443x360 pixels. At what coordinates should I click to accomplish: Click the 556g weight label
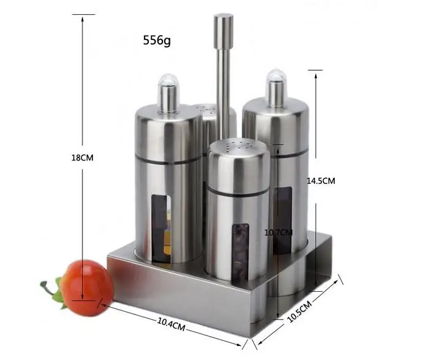pyautogui.click(x=157, y=40)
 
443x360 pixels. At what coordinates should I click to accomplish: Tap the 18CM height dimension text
pyautogui.click(x=82, y=158)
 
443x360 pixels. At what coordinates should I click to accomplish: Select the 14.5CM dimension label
pyautogui.click(x=321, y=181)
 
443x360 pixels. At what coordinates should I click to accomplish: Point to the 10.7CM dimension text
pyautogui.click(x=278, y=233)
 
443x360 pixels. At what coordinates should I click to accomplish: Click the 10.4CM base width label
pyautogui.click(x=171, y=324)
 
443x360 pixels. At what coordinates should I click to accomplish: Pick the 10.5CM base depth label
pyautogui.click(x=300, y=311)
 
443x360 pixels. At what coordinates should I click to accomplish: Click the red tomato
pyautogui.click(x=87, y=287)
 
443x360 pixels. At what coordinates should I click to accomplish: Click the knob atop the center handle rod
pyautogui.click(x=223, y=31)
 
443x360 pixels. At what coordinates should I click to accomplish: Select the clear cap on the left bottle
pyautogui.click(x=169, y=94)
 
